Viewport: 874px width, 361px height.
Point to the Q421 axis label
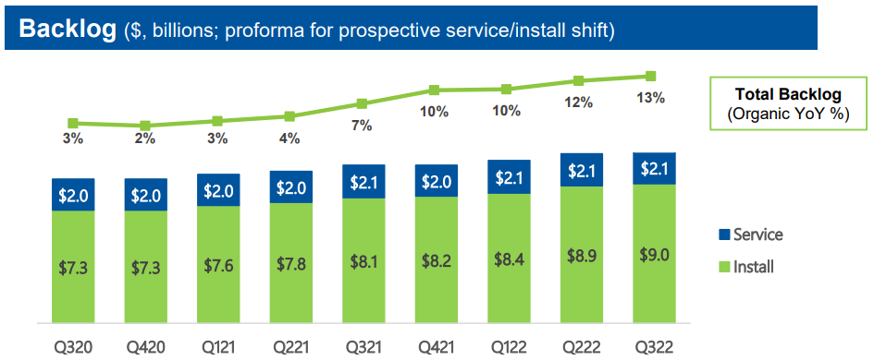point(434,349)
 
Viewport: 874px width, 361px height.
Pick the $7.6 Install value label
point(217,266)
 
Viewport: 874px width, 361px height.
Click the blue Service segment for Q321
point(362,181)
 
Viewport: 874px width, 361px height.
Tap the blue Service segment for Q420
point(145,195)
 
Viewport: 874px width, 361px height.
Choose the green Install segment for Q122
point(507,259)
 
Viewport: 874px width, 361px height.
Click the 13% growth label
point(651,98)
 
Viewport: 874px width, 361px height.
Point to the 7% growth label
point(362,125)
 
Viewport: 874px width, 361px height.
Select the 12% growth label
point(579,102)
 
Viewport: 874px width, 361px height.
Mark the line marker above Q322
point(651,77)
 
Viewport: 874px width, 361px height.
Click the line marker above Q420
point(145,126)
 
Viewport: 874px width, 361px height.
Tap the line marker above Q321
point(362,103)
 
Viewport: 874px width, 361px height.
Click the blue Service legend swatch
point(724,235)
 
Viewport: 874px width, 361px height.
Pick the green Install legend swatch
point(724,267)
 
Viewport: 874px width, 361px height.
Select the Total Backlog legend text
point(787,94)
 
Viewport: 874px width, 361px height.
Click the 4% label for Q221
point(289,138)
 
